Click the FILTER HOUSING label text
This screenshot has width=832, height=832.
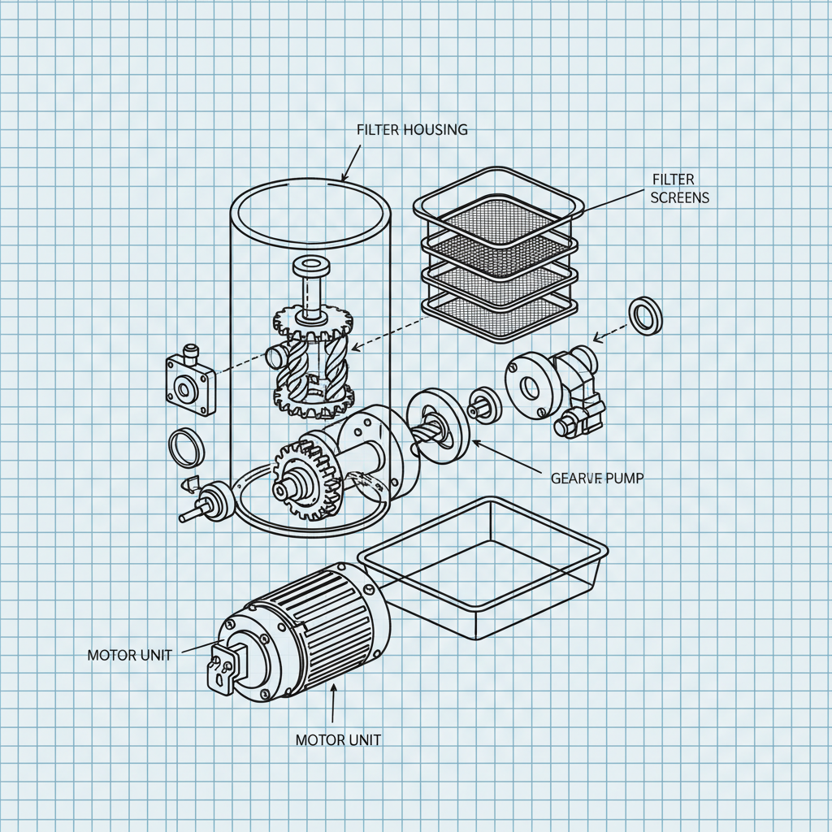(412, 129)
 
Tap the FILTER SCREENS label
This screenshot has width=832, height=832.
(680, 187)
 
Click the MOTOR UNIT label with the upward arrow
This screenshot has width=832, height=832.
(338, 739)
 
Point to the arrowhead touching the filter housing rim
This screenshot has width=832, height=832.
(344, 178)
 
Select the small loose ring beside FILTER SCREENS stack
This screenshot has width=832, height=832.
(646, 316)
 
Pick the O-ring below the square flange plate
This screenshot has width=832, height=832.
(186, 448)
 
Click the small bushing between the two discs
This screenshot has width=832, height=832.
(485, 403)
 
